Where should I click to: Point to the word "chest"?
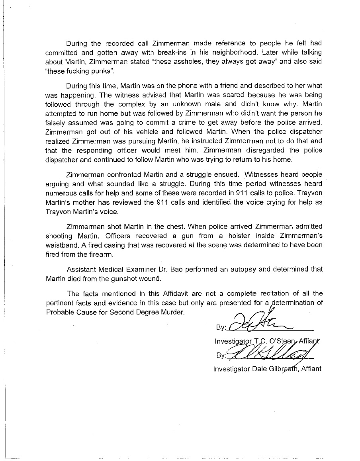pyautogui.click(x=174, y=227)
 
